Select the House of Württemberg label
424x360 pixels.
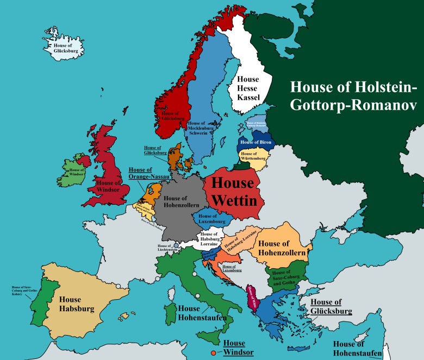(x=252, y=157)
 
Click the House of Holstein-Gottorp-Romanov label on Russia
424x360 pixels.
(x=354, y=96)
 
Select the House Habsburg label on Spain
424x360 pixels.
(x=77, y=304)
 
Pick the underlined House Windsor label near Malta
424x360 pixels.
(x=235, y=348)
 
